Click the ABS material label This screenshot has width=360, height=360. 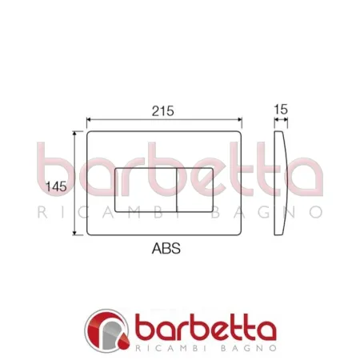pos(166,249)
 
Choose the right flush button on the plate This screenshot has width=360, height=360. pos(194,190)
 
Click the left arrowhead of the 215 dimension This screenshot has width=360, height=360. pos(89,120)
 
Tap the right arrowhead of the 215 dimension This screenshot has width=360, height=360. pos(239,120)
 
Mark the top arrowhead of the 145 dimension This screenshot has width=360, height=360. pos(75,134)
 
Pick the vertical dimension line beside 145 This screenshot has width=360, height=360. pos(75,160)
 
